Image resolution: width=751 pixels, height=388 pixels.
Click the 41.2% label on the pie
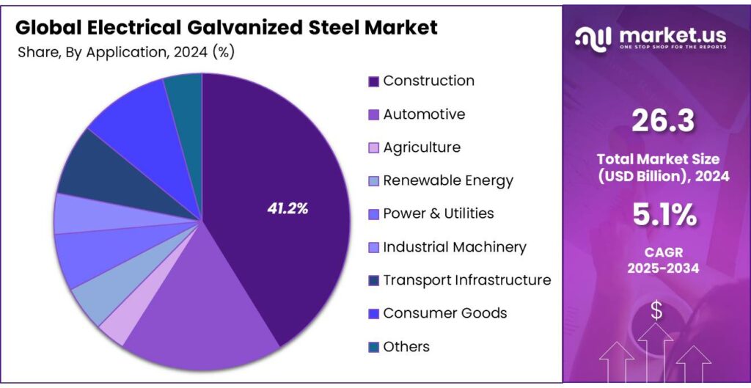pyautogui.click(x=287, y=209)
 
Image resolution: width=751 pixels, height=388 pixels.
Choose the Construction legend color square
pyautogui.click(x=373, y=81)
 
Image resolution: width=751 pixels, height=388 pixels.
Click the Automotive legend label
pyautogui.click(x=424, y=114)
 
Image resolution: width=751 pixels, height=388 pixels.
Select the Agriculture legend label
pyautogui.click(x=422, y=147)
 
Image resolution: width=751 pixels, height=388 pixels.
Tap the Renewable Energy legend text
pyautogui.click(x=447, y=180)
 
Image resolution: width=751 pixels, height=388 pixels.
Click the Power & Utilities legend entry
pyautogui.click(x=438, y=213)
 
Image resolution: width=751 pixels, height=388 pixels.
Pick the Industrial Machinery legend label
pyautogui.click(x=454, y=247)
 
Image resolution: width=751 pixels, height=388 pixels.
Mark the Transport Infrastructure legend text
pyautogui.click(x=466, y=280)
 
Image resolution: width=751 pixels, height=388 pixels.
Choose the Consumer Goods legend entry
pyautogui.click(x=444, y=313)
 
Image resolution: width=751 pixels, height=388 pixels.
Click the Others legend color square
pyautogui.click(x=373, y=347)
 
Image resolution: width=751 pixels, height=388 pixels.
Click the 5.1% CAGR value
pyautogui.click(x=662, y=215)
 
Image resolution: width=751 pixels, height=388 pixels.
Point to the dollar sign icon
pyautogui.click(x=656, y=311)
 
